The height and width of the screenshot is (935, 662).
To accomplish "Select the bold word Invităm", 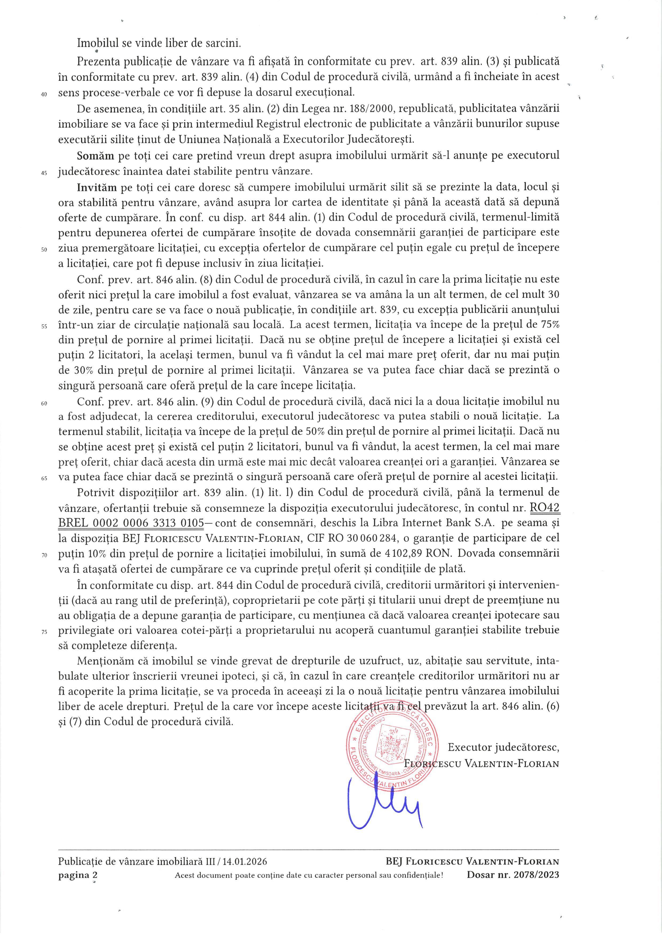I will click(x=96, y=187).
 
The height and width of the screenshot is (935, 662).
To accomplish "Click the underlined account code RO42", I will click(x=544, y=507).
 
